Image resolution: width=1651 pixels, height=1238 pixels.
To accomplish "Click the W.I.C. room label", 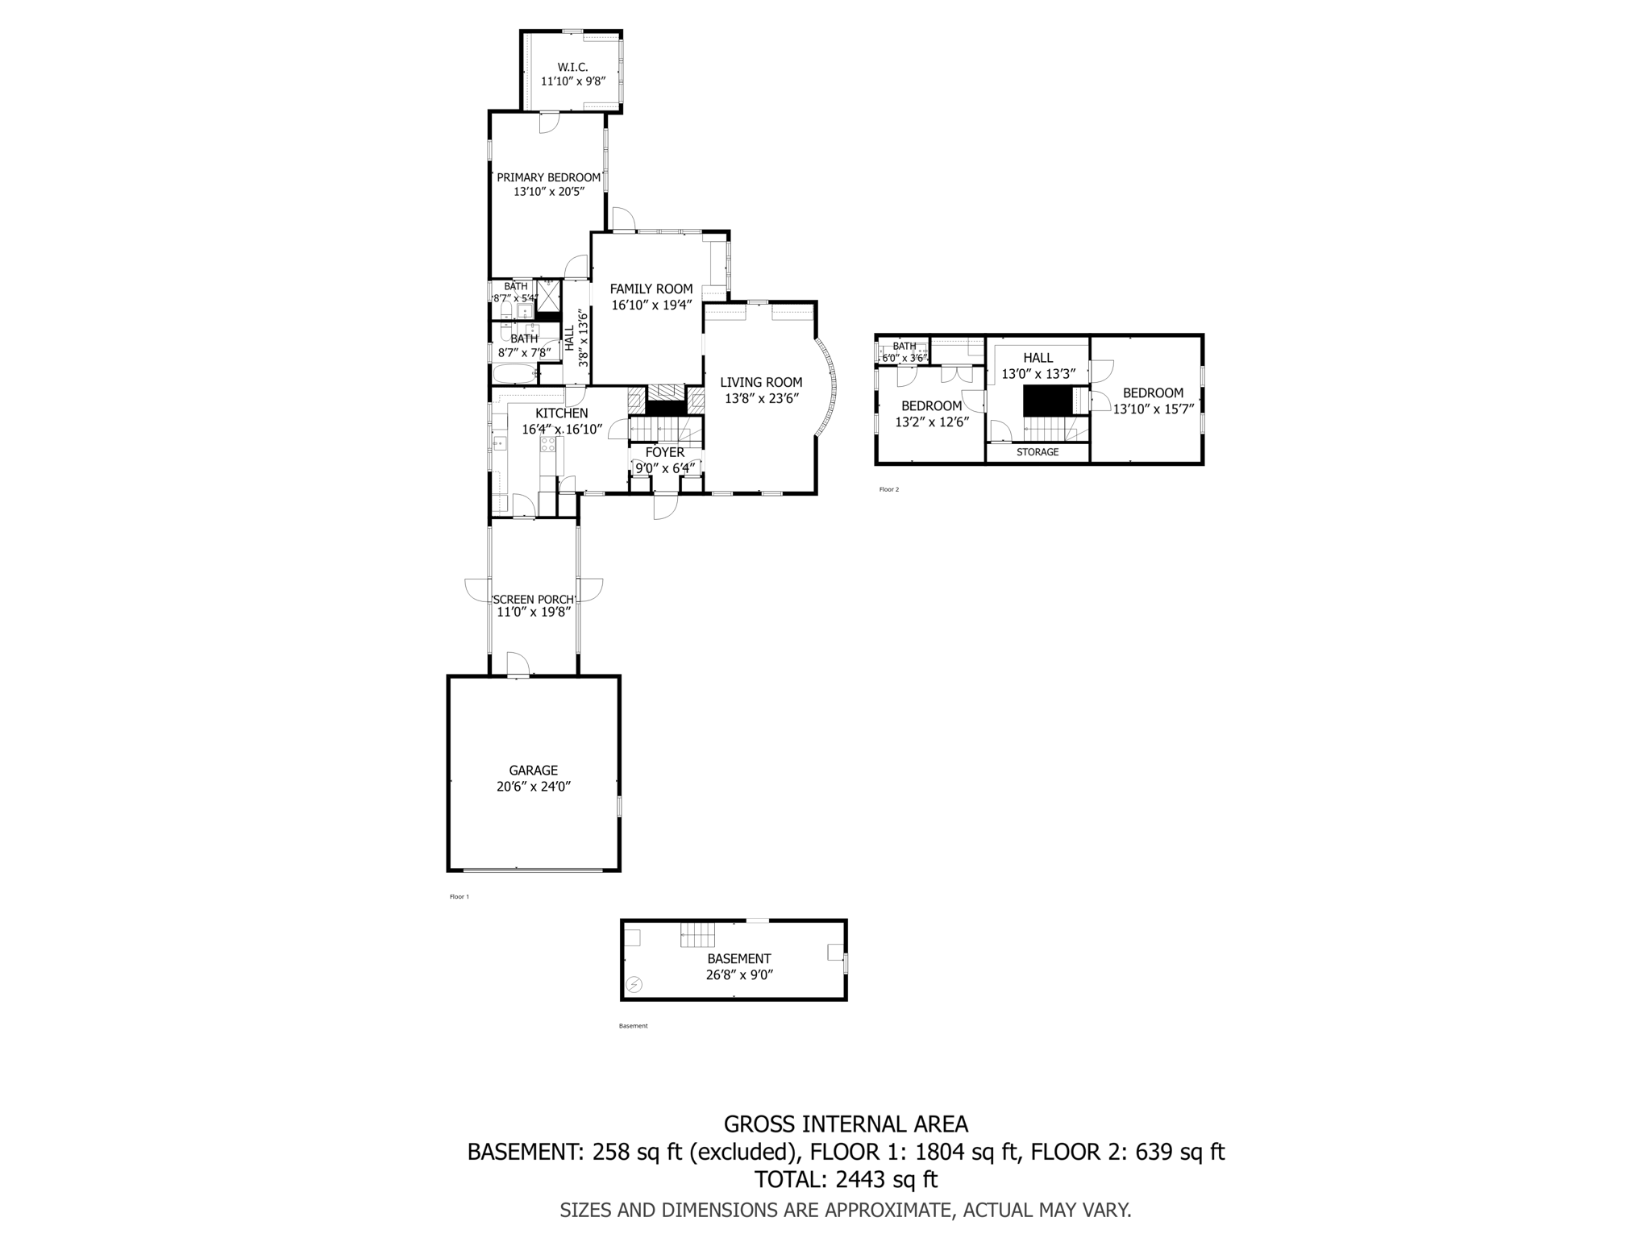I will coord(572,67).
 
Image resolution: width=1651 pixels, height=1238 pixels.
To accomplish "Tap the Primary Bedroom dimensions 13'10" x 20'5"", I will coord(548,192).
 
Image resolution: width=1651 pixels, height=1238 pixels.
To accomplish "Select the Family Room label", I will coord(651,289).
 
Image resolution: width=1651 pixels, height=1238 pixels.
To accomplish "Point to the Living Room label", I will coord(761,382).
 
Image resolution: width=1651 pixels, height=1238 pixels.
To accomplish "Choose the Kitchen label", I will coord(561,413).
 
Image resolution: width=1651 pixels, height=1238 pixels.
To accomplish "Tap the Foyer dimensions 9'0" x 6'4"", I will coord(664,467).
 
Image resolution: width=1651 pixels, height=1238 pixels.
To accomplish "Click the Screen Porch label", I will coord(534,599).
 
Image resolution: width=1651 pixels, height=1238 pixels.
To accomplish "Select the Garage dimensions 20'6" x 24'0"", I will coord(533,786).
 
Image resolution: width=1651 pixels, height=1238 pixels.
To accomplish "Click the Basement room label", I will coord(738,958).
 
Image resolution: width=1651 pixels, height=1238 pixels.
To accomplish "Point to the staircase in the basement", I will coord(697,934).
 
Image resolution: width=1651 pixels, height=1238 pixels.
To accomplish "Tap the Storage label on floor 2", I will coord(1037,452).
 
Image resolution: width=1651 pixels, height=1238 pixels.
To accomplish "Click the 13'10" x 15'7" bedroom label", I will coord(1153,393).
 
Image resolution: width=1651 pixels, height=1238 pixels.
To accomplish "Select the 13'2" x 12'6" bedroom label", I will coord(931,406).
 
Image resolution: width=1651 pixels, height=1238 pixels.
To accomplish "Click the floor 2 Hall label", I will coord(1038,358).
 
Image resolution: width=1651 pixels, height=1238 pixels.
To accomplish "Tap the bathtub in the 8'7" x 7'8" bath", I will coord(514,375).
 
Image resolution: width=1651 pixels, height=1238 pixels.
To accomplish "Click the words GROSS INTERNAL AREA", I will coord(846,1124).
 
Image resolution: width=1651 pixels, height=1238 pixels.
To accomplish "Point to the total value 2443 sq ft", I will coord(886,1179).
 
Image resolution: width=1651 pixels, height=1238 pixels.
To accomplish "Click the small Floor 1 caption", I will coord(459,896).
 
